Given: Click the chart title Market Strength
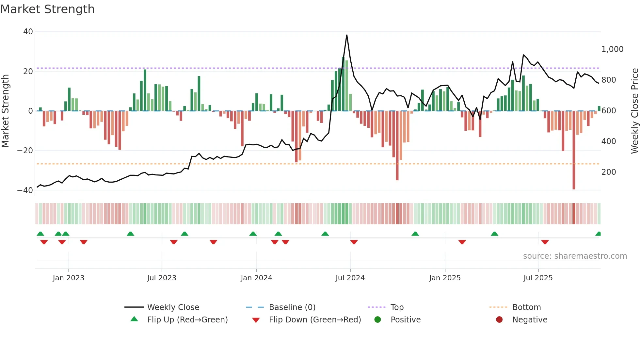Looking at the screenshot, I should click(47, 9).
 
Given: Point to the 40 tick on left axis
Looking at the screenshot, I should click(28, 32).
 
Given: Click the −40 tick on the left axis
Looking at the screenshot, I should click(25, 190).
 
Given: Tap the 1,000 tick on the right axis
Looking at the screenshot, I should click(612, 49).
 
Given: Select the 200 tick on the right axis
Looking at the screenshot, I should click(608, 172).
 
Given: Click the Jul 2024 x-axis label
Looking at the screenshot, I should click(350, 278).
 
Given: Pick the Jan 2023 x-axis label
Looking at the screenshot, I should click(69, 278).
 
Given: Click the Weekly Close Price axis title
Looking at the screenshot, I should click(634, 111).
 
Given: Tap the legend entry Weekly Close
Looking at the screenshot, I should click(173, 307).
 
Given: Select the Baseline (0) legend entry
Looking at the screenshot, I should click(292, 307).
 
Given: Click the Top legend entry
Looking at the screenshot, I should click(397, 307).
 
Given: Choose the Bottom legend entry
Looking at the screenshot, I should click(526, 307).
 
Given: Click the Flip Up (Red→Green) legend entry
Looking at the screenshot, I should click(187, 320).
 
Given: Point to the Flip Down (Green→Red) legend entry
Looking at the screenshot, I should click(315, 320).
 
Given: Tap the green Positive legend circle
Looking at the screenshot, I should click(378, 320).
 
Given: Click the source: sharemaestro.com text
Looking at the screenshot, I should click(575, 256).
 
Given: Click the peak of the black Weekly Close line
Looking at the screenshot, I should click(347, 35).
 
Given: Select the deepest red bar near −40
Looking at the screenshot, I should click(574, 150).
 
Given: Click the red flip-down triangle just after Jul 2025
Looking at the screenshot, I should click(545, 242).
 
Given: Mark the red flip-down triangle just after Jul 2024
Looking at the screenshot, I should click(354, 242).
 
